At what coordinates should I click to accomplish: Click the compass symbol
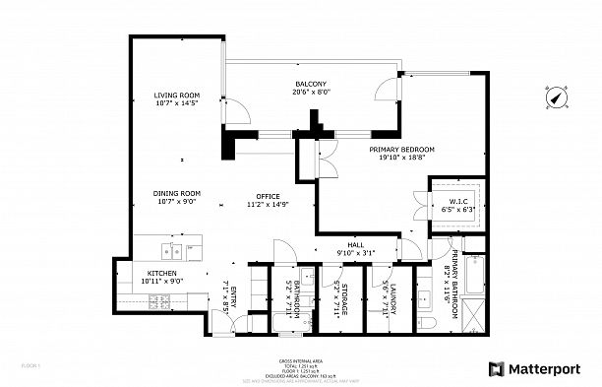pyautogui.click(x=556, y=98)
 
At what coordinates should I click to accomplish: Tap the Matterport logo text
pyautogui.click(x=547, y=368)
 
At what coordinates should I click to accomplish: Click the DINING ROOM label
pyautogui.click(x=177, y=197)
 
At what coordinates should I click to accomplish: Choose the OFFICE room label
pyautogui.click(x=269, y=200)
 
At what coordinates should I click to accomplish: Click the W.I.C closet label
pyautogui.click(x=456, y=204)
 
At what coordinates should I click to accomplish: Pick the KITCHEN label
pyautogui.click(x=162, y=277)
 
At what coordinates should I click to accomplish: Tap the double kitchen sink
pyautogui.click(x=176, y=246)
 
